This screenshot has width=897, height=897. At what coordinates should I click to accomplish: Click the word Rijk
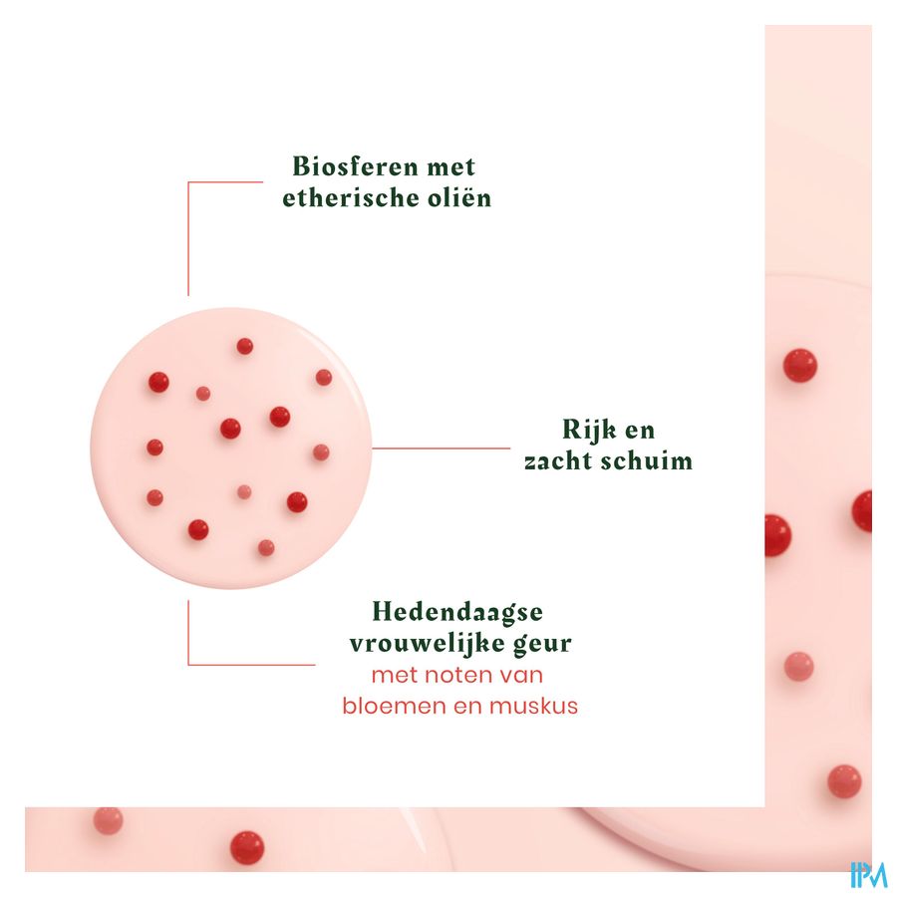(586, 431)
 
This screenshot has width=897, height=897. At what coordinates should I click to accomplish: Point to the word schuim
(651, 461)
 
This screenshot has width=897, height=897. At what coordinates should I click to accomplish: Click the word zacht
(561, 461)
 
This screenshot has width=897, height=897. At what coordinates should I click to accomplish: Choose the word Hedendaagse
(457, 611)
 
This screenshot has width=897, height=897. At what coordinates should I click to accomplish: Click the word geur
(539, 644)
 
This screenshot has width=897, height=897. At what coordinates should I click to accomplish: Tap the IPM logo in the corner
(868, 873)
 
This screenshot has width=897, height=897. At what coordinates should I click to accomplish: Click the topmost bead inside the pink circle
(244, 346)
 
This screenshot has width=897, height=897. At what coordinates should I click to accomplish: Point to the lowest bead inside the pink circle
(265, 547)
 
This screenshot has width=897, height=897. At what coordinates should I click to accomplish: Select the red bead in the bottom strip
(246, 847)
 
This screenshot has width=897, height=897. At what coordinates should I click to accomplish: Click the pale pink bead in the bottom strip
(108, 820)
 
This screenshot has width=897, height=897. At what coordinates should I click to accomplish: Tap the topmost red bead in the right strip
(798, 366)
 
